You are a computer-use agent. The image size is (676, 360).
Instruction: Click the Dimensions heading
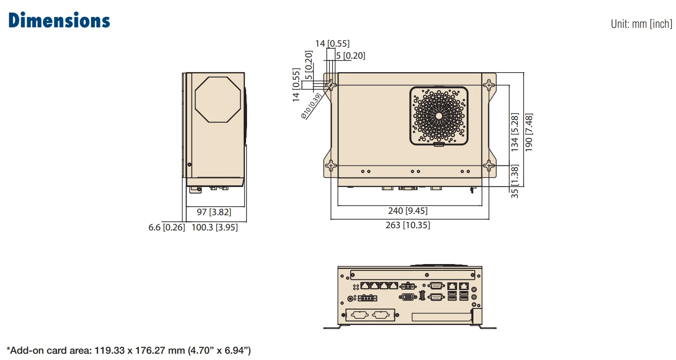[59, 21]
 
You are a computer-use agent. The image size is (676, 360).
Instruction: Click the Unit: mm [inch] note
[641, 24]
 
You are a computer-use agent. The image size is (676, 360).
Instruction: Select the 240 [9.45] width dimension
[407, 211]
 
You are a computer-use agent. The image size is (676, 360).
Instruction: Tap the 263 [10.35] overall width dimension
[407, 225]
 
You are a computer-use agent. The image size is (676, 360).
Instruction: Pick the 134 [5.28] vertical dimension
[515, 133]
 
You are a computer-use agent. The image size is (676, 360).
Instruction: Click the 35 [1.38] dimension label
[515, 182]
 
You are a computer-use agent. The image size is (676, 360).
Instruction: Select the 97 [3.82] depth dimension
[214, 212]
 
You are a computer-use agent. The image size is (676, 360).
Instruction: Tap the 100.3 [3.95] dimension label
[215, 227]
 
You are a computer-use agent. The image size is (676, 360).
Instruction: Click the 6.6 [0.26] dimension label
[166, 227]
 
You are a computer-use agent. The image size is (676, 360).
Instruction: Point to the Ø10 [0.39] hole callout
[312, 106]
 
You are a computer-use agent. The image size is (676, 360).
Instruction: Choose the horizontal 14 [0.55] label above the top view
[332, 43]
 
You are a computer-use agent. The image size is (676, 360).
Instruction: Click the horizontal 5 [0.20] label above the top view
[351, 56]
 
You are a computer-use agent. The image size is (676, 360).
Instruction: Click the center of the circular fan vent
[439, 115]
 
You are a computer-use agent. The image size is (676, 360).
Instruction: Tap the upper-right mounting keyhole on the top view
[489, 84]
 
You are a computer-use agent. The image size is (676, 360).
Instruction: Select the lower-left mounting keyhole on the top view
[331, 166]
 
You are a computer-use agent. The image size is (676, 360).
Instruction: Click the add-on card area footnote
[129, 350]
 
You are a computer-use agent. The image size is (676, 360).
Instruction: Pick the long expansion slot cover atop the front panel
[411, 274]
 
